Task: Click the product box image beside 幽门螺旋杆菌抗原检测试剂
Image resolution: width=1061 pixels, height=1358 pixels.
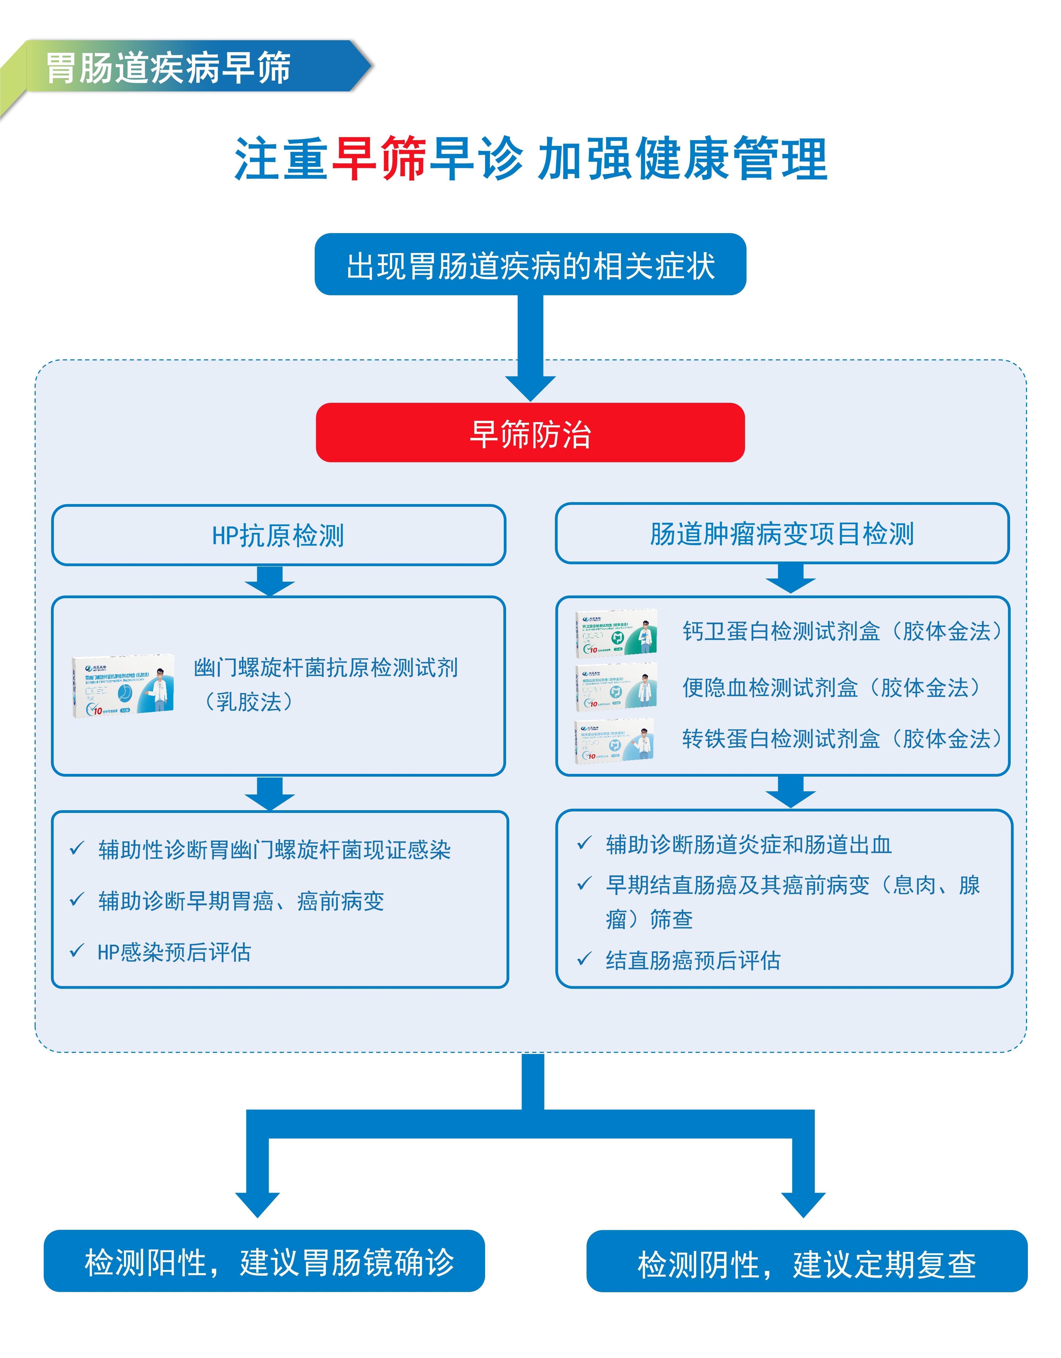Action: coord(123,686)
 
